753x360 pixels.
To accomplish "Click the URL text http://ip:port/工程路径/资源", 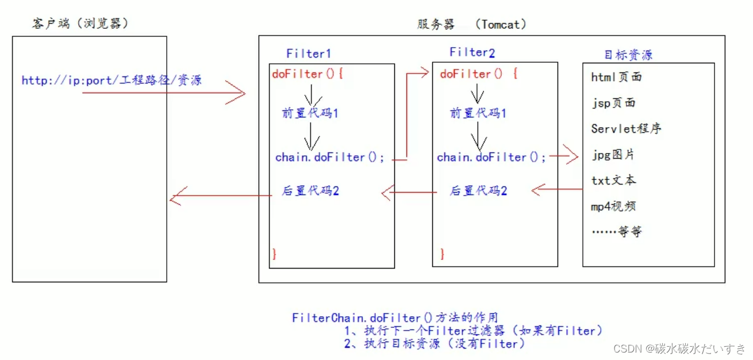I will coord(112,80).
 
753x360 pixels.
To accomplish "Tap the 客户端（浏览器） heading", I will coord(80,24).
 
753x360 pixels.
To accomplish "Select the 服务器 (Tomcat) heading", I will coord(471,24).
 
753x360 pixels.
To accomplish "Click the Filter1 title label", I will coord(309,53).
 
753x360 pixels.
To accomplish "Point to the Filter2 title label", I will coord(472,52).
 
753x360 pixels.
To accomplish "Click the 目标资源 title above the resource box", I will coord(628,55).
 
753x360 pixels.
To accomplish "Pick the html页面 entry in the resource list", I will coord(616,77).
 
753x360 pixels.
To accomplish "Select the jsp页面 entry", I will coord(613,103).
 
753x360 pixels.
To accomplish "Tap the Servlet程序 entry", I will coord(626,128).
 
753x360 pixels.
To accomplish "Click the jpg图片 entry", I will coord(613,155).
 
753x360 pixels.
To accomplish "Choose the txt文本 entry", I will coord(613,180).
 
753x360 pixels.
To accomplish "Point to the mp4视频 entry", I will coord(613,206).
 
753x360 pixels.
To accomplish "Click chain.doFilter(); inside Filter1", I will coord(330,157).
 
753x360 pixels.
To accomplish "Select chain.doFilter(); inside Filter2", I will coord(491,157).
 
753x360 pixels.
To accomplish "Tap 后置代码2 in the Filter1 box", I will coord(310,190).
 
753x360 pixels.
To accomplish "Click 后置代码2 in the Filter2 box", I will coord(478,190).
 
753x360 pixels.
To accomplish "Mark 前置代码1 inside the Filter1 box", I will coord(310,113).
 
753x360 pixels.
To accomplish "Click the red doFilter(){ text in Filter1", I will coord(308,74).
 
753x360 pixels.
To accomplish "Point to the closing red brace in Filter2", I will coord(443,254).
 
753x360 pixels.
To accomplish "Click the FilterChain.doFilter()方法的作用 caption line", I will coord(394,317).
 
